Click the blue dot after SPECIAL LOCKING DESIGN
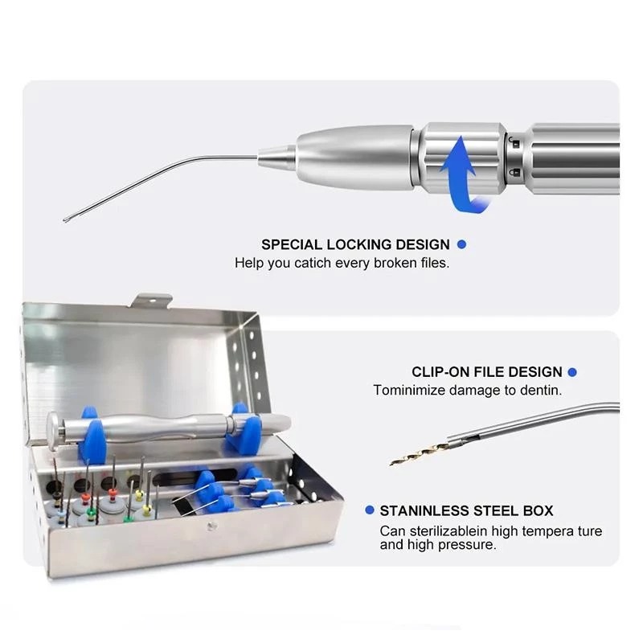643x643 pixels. tap(461, 244)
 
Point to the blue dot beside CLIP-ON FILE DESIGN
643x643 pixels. tap(572, 372)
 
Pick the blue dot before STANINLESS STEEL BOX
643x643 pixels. tap(370, 510)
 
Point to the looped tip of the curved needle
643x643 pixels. tap(68, 220)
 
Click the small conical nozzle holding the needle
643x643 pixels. tap(276, 158)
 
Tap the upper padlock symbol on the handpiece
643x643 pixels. tap(515, 143)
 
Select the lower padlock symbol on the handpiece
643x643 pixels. tap(515, 172)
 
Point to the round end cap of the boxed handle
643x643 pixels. tap(53, 431)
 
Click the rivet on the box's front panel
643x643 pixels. tap(211, 526)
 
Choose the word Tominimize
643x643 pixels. tap(409, 390)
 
